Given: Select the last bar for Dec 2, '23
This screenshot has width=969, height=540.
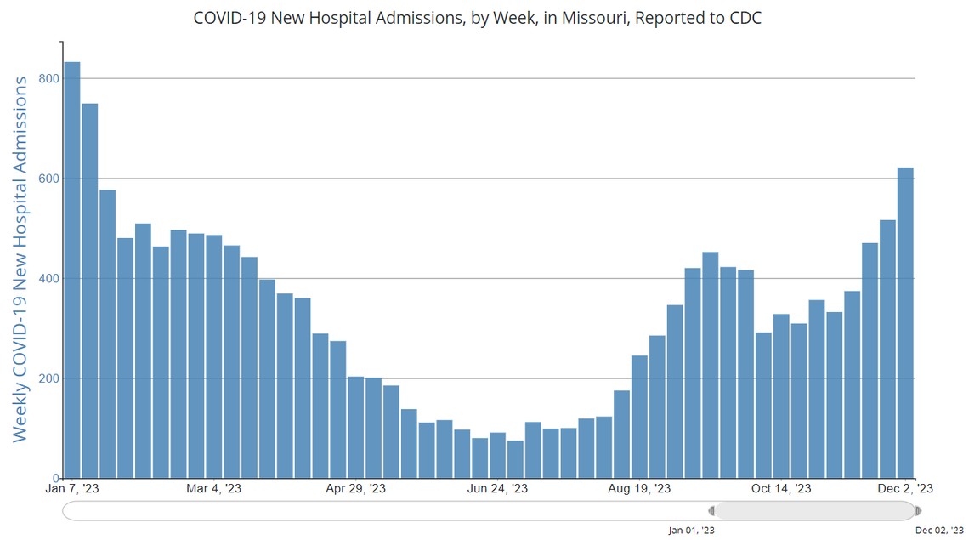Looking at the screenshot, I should [x=906, y=323].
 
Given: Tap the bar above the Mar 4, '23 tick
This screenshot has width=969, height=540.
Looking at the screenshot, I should [x=214, y=356].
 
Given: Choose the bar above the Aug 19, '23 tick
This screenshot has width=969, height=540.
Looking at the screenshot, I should [x=639, y=417].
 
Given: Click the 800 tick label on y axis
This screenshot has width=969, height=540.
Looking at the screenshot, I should [x=49, y=79].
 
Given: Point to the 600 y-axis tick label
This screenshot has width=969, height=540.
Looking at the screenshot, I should [x=49, y=179].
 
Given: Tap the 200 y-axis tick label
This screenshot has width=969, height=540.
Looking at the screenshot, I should [x=49, y=378].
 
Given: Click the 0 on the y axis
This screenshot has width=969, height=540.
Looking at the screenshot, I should [x=55, y=478].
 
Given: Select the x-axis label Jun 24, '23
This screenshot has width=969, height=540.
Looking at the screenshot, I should [x=497, y=489].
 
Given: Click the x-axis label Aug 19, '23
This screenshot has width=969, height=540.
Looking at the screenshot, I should [x=639, y=489].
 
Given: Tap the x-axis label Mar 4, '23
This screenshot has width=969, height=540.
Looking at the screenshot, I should [x=214, y=489].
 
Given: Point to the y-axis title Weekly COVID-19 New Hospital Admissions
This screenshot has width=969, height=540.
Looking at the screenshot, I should [x=20, y=259].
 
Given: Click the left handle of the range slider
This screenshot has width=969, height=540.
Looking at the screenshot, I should [x=711, y=511].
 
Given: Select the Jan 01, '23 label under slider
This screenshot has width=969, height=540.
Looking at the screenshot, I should [x=691, y=531].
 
